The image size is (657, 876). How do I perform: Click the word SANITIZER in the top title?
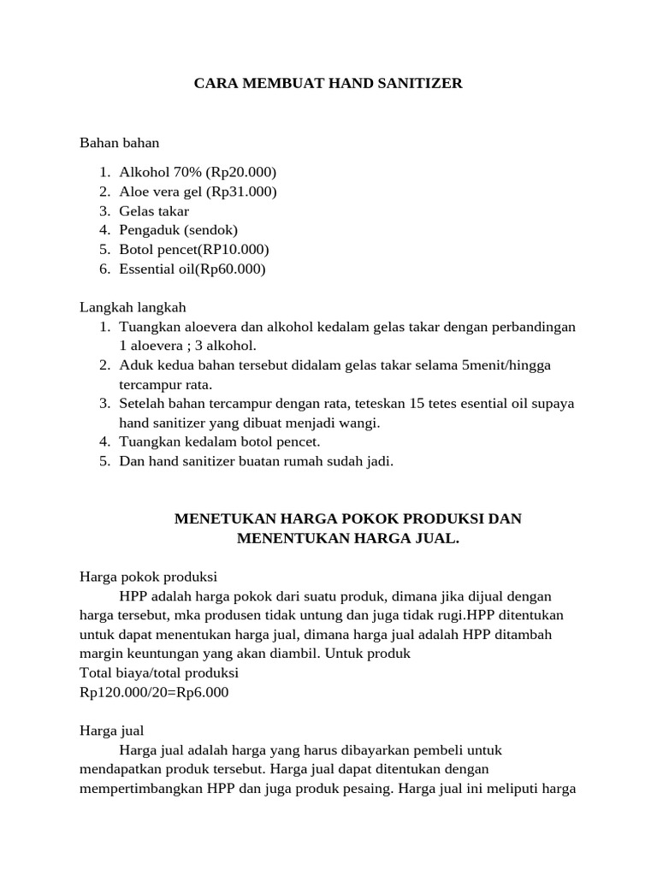click(x=414, y=83)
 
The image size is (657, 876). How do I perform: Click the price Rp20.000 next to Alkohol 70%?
click(x=241, y=172)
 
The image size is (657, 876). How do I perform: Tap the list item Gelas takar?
click(x=154, y=211)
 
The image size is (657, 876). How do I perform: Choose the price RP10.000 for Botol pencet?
click(x=234, y=250)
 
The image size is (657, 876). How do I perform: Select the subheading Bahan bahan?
click(x=120, y=143)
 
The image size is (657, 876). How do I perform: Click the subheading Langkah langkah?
click(x=133, y=307)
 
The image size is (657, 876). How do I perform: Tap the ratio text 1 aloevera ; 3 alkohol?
click(x=187, y=346)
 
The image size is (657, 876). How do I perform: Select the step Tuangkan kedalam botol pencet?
click(x=219, y=442)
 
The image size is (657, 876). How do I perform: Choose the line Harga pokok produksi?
click(x=148, y=577)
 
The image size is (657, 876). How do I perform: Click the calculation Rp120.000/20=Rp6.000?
click(x=154, y=692)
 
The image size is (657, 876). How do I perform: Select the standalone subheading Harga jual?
click(x=112, y=731)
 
